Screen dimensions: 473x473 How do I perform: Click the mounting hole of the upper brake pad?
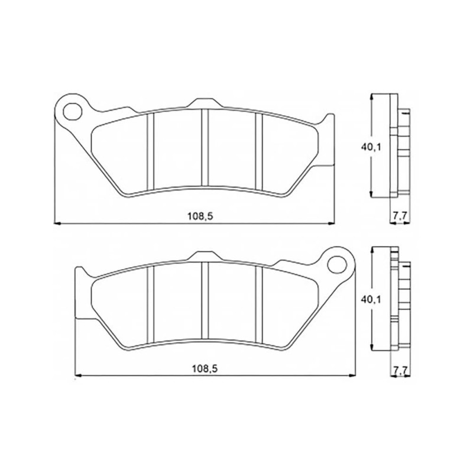pos(72,112)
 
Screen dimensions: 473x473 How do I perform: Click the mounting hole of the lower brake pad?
pos(337,265)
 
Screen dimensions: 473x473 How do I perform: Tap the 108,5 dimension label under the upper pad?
pos(200,216)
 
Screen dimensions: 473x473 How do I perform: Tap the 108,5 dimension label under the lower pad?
pos(205,368)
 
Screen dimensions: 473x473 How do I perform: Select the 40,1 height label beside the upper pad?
pos(371,147)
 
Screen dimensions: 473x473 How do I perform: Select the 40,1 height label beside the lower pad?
pos(371,300)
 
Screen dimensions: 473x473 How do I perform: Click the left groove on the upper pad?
pos(151,152)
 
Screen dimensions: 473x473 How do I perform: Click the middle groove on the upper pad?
pos(205,147)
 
